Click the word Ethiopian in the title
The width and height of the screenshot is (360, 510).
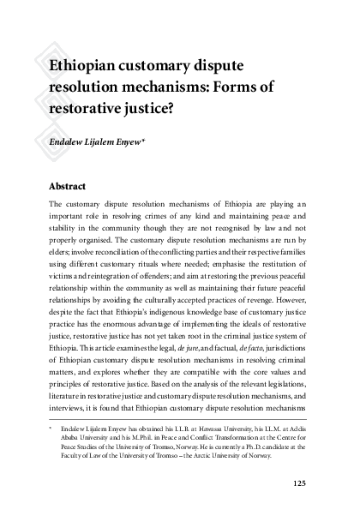coord(82,65)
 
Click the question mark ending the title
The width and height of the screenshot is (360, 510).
coord(196,109)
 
